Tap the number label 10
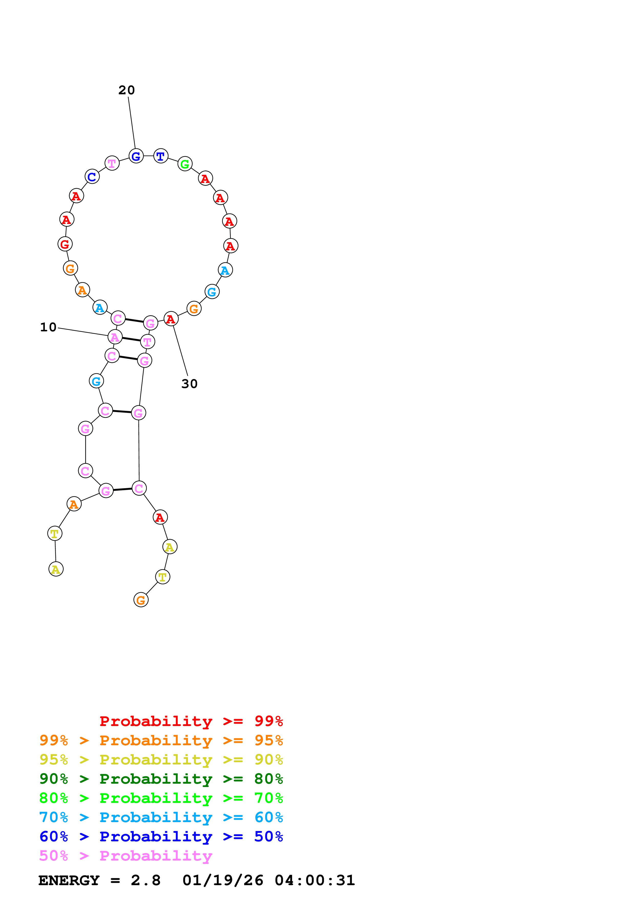[48, 327]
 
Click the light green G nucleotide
[185, 164]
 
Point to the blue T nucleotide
[160, 156]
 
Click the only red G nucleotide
[65, 244]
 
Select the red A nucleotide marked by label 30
[171, 319]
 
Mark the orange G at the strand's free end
[141, 600]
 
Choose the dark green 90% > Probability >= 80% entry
[161, 779]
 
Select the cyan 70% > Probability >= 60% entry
[161, 817]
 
